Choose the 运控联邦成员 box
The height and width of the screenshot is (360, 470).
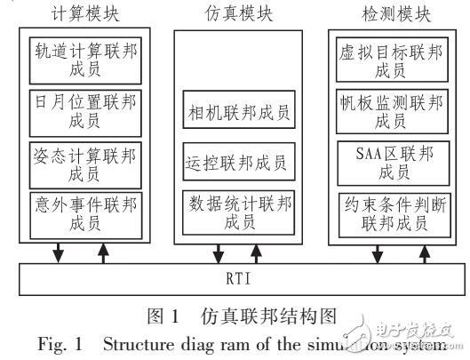(x=238, y=162)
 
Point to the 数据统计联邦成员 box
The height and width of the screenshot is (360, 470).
(x=238, y=212)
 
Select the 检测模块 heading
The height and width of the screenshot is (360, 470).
(x=387, y=16)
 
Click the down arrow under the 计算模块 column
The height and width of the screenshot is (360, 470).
(x=59, y=252)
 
